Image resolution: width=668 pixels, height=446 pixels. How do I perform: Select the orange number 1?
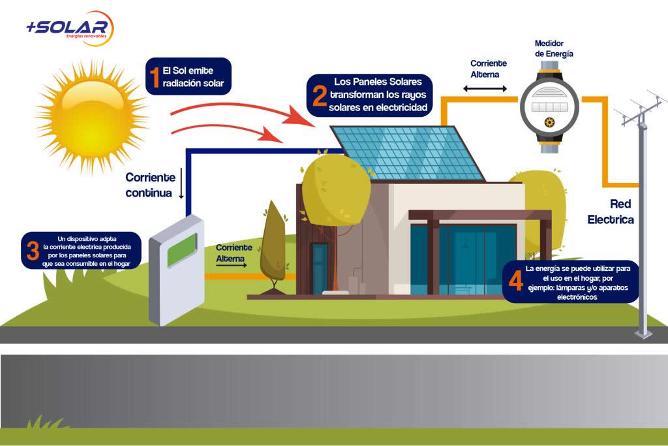[155, 76]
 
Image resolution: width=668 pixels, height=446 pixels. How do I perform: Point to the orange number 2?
[319, 95]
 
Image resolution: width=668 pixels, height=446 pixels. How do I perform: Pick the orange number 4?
[515, 281]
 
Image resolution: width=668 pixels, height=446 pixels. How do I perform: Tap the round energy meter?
[549, 108]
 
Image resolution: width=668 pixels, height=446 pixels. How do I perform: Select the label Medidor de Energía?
[554, 49]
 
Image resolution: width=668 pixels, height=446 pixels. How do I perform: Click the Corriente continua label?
[150, 185]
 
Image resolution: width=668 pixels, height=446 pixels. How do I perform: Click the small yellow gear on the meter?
[550, 123]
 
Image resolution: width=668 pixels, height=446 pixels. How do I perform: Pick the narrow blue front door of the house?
[320, 268]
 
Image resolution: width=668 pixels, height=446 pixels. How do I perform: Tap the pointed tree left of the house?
[273, 244]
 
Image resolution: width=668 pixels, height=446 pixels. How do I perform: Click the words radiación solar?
[196, 84]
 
